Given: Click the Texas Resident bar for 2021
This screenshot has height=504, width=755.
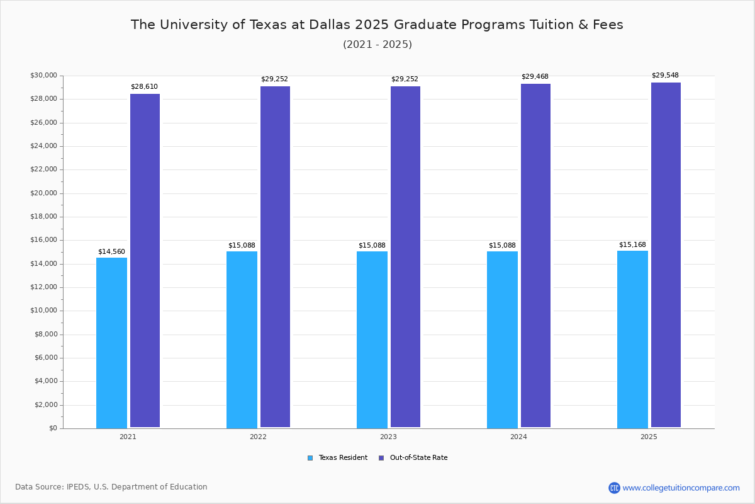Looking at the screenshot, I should tap(111, 343).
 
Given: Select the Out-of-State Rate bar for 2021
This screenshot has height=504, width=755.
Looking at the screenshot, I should tap(145, 261).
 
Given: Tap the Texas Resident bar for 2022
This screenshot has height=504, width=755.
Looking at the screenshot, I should tap(242, 340).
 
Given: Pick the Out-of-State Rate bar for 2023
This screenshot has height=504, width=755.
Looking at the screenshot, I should tap(405, 257).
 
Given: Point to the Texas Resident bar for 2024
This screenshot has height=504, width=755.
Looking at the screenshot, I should tap(502, 340).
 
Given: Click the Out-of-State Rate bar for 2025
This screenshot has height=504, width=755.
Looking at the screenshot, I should tap(666, 255).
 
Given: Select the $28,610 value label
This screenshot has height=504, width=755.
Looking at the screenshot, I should tap(144, 86).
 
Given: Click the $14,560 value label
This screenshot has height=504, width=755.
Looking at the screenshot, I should tap(111, 251).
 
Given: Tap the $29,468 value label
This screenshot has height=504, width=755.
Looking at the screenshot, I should tap(535, 76).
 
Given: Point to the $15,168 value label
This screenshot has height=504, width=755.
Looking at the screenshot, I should tap(632, 244).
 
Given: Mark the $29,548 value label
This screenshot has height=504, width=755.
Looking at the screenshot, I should tap(665, 75).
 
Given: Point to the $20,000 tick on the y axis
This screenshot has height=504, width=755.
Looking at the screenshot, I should tap(43, 193).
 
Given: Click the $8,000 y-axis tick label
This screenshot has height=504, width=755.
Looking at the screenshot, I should tap(45, 334).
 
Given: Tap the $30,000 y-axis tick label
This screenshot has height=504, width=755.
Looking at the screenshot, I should tap(43, 75).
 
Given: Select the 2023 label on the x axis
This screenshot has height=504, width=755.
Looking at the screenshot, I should tap(388, 437).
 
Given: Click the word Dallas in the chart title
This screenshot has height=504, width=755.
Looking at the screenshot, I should tap(330, 25).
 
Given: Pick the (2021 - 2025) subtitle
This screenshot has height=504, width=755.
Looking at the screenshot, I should tap(377, 44).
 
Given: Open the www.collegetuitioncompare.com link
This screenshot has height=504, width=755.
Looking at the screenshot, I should tap(681, 488).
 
